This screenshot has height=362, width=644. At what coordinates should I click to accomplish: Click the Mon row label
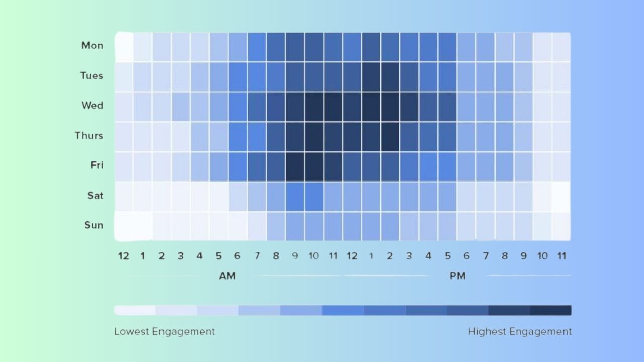point(92,46)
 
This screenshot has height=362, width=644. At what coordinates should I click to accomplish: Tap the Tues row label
point(91,76)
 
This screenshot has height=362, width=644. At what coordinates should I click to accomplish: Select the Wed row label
point(92,106)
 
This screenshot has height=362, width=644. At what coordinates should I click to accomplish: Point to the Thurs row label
point(89,136)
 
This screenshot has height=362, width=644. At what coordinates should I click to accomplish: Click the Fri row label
point(97,165)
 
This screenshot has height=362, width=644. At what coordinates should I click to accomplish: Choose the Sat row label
point(95,195)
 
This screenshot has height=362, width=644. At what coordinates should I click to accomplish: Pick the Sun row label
point(94,225)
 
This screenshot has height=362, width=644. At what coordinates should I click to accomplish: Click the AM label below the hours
point(227,276)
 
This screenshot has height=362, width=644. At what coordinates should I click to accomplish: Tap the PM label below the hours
point(457,276)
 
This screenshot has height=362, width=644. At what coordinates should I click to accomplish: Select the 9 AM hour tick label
point(295,256)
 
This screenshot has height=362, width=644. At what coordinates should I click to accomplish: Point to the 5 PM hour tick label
point(447,256)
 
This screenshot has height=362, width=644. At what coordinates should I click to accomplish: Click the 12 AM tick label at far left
point(123,256)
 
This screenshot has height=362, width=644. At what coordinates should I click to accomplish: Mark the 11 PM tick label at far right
point(561,256)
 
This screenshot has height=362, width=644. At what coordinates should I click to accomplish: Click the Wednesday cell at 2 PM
point(390,107)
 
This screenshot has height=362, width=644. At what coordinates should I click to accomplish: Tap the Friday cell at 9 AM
point(295,166)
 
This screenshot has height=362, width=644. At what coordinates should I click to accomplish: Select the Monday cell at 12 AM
point(124,47)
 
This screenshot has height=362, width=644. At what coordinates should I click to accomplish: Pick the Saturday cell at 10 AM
point(314,196)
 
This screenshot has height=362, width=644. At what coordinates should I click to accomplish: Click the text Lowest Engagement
point(165,331)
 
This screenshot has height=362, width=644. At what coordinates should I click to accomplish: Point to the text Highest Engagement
point(520,331)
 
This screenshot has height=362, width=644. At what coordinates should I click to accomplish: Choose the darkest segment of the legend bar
point(550,310)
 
